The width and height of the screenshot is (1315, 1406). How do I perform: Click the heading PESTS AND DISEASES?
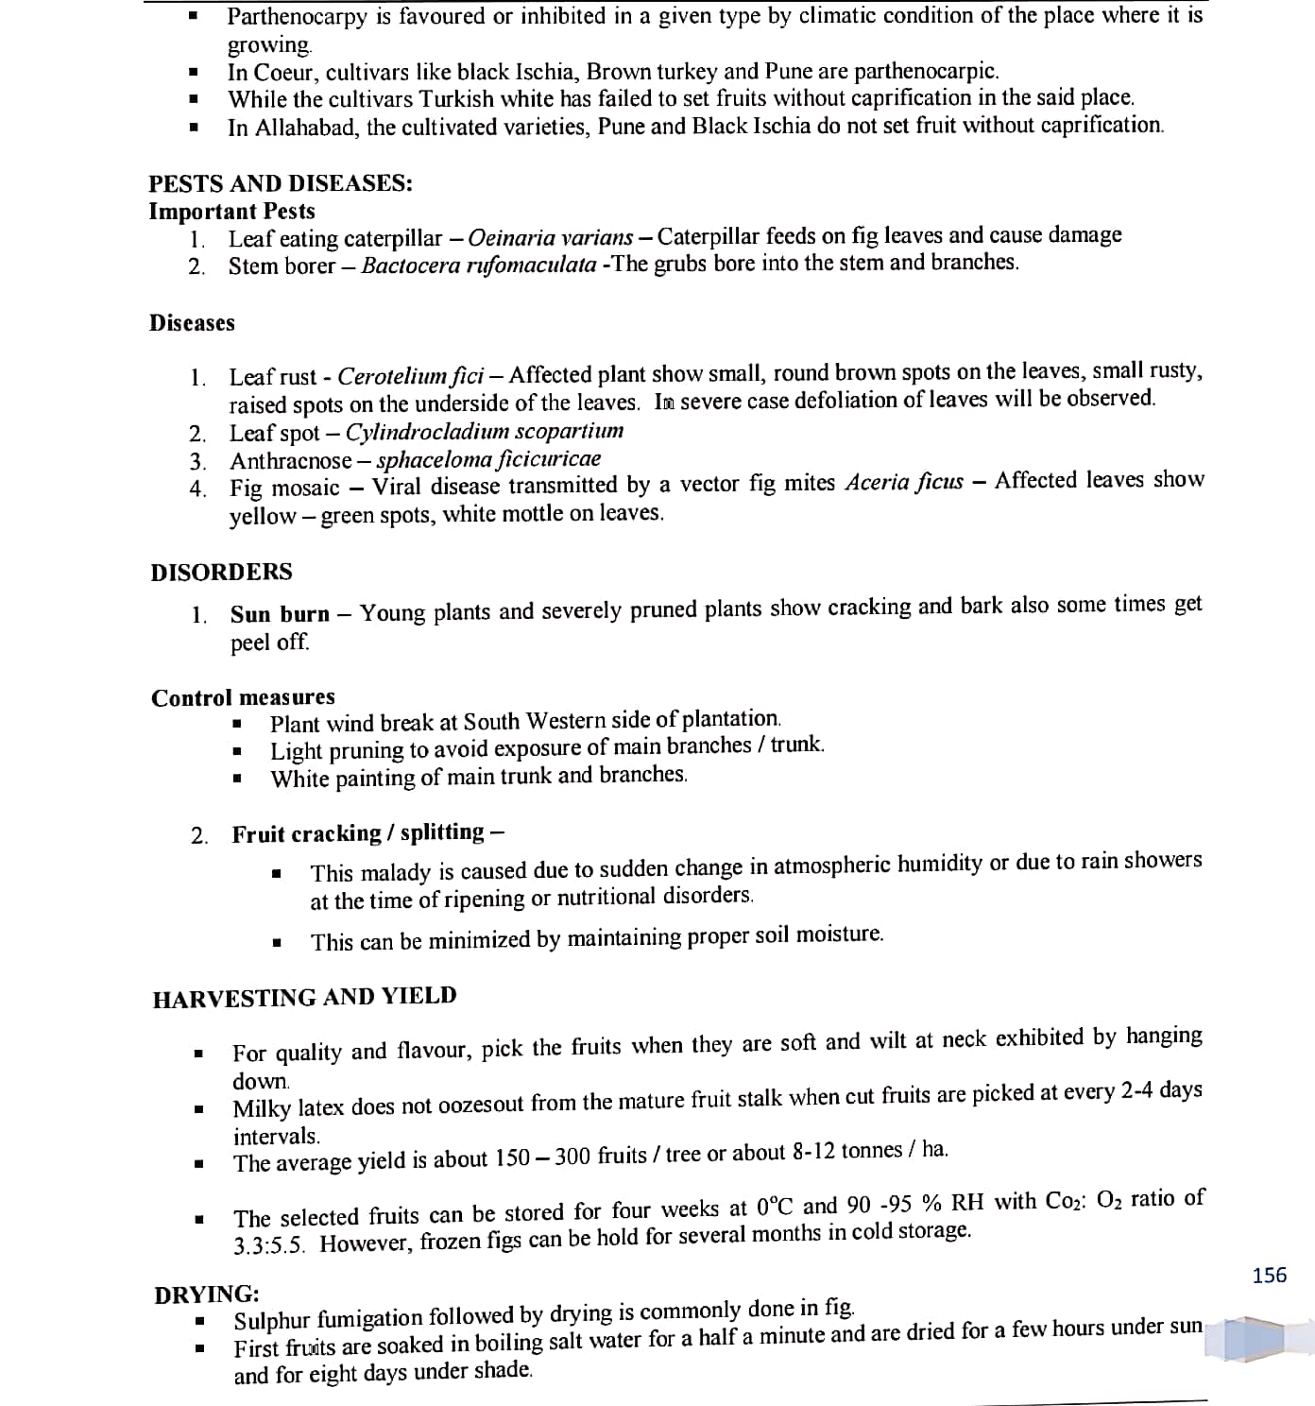click(x=281, y=183)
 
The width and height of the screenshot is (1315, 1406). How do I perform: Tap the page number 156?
click(x=1269, y=1276)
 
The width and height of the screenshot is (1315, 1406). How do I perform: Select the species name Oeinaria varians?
click(x=550, y=237)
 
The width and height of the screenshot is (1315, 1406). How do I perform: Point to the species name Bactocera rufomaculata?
click(x=478, y=266)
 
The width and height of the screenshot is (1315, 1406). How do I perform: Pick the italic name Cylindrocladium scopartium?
click(x=484, y=432)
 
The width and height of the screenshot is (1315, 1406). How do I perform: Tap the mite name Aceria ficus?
click(x=904, y=483)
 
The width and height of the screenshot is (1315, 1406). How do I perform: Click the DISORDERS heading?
click(x=222, y=572)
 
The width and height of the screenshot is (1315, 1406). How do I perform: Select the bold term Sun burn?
click(x=280, y=614)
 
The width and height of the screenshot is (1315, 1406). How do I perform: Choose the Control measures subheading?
click(x=243, y=697)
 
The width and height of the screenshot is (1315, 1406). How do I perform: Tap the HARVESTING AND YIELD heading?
click(x=304, y=997)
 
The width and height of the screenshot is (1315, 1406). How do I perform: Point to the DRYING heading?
click(x=207, y=1294)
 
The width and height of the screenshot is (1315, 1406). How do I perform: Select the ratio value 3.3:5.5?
click(x=269, y=1244)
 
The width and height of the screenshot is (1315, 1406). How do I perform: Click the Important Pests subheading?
click(x=231, y=211)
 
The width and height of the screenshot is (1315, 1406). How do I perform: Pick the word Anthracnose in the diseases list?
click(x=291, y=461)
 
